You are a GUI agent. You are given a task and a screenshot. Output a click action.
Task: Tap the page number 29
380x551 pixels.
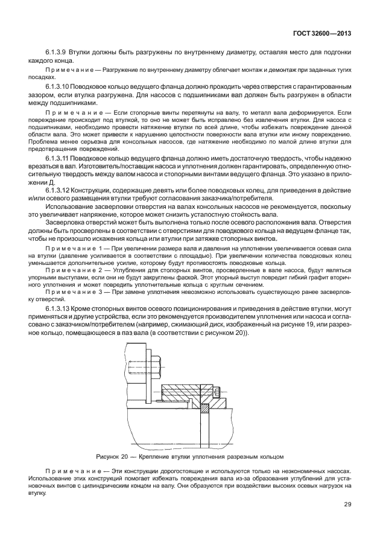click(x=347, y=505)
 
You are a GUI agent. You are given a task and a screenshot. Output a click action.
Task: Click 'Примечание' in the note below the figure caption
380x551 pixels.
click(x=68, y=470)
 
